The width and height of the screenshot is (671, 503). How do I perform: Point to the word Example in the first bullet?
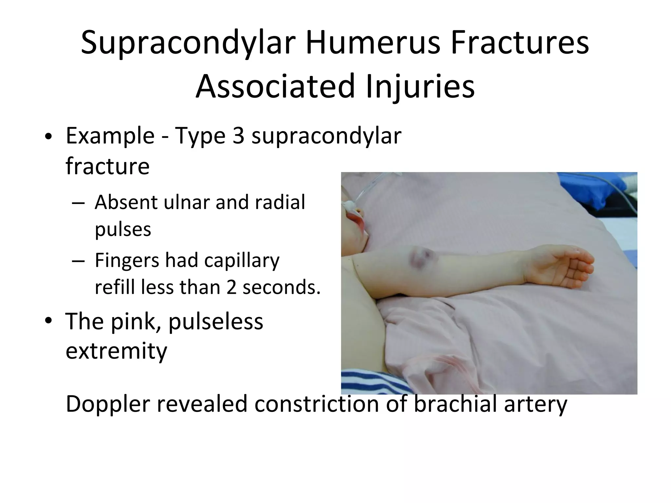pyautogui.click(x=110, y=136)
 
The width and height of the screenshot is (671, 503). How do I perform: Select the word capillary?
pyautogui.click(x=242, y=260)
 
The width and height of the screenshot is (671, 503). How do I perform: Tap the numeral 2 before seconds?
pyautogui.click(x=231, y=287)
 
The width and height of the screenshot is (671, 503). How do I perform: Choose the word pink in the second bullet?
pyautogui.click(x=135, y=322)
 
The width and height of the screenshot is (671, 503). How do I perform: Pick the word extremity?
pyautogui.click(x=116, y=351)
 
